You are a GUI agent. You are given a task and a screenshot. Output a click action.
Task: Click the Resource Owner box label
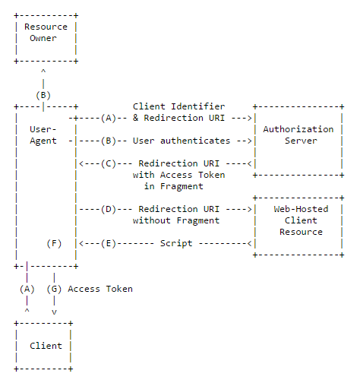pos(46,32)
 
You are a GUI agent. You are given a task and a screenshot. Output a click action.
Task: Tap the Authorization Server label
pos(298,135)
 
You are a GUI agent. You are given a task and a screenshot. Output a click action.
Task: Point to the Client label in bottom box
pos(46,346)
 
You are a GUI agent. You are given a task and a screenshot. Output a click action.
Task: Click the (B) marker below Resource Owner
pos(43,95)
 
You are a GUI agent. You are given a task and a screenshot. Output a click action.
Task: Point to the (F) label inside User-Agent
pos(54,243)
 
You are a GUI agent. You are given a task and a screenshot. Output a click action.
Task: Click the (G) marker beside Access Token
pos(54,289)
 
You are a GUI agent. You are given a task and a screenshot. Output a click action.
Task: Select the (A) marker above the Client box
pos(27,289)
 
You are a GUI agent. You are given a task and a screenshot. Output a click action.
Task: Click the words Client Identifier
pos(178,106)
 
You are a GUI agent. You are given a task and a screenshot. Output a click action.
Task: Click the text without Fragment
pos(175,220)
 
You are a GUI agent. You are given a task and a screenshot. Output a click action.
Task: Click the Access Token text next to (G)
pos(100,289)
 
